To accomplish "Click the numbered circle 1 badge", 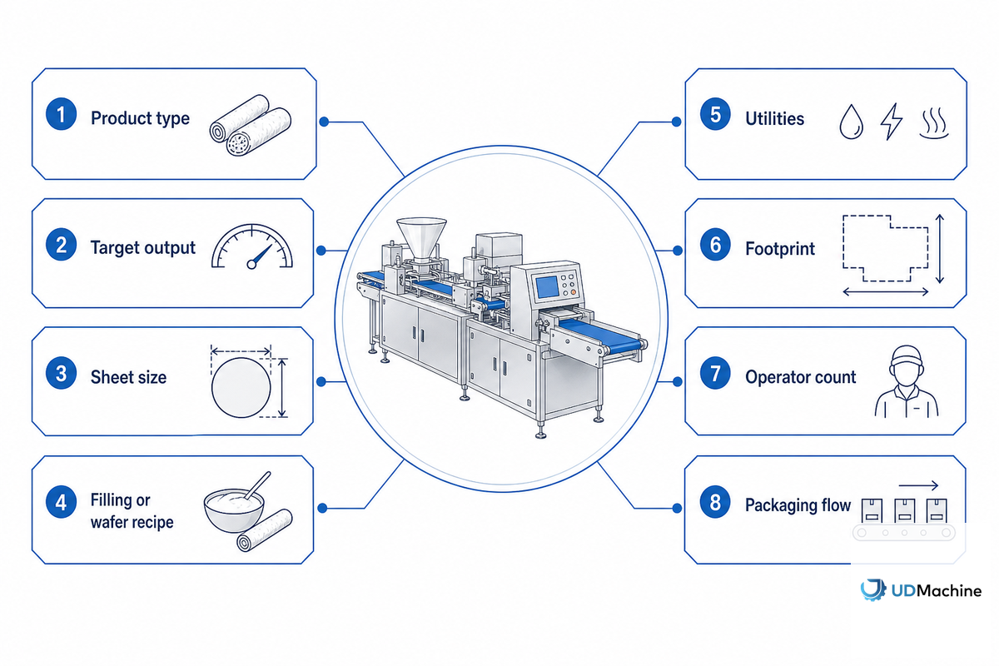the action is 61,114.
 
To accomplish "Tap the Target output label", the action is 142,248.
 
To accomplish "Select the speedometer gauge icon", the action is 252,246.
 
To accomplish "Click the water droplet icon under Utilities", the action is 851,122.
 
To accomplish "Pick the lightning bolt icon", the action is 891,122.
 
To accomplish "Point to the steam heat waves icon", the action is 934,122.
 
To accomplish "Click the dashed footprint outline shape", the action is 885,248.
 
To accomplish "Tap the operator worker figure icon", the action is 907,381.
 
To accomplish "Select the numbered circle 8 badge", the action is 715,502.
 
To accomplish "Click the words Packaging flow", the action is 798,505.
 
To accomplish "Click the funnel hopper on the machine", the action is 421,239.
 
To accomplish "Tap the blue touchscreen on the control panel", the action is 547,287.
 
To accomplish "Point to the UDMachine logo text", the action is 936,590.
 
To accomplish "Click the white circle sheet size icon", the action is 241,387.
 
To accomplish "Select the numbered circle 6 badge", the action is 715,245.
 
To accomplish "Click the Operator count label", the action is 801,377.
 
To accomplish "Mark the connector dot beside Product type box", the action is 324,122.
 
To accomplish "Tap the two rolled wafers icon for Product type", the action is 251,126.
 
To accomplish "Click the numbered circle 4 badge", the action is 61,502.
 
